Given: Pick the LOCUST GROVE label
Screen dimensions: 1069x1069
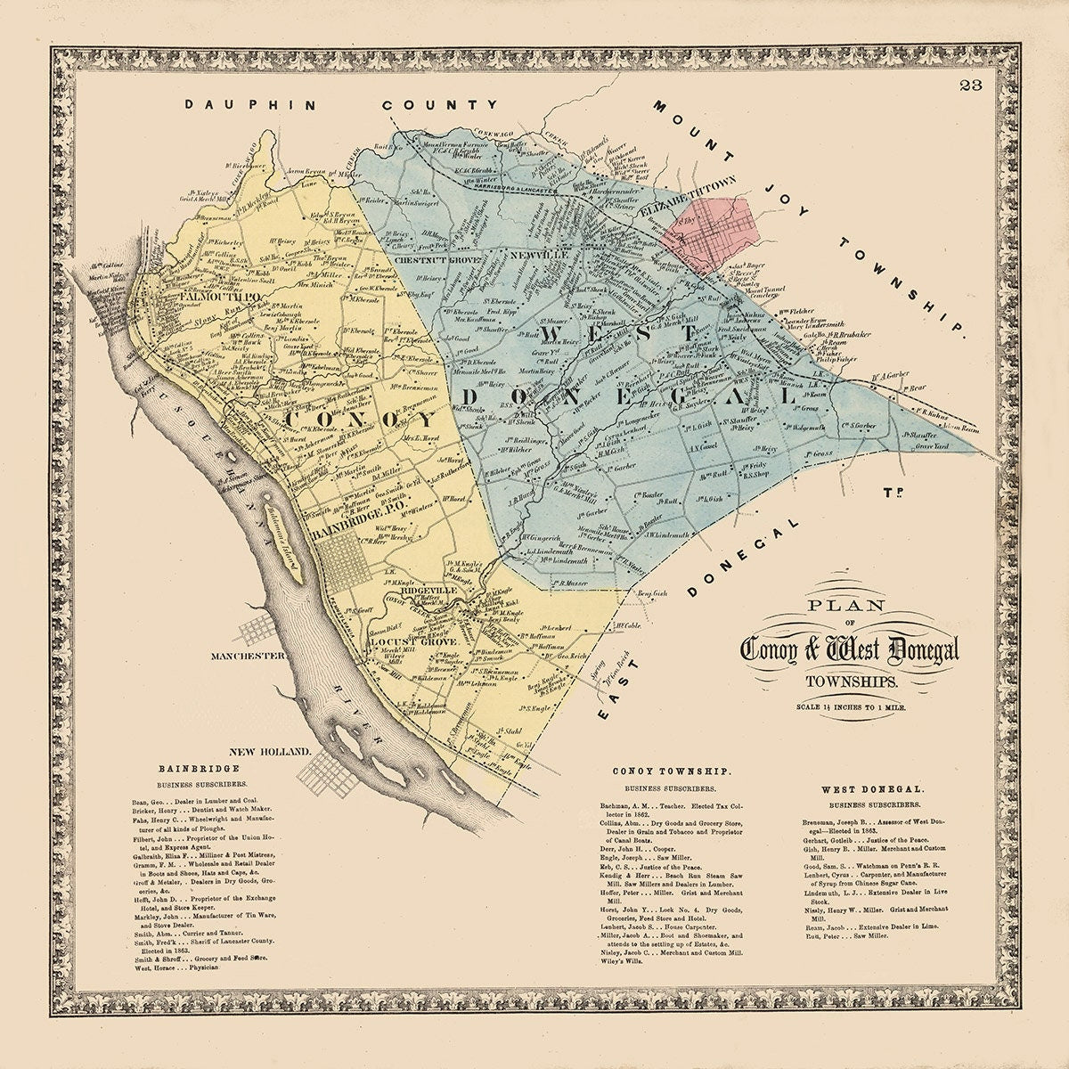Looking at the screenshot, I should (x=412, y=641).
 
